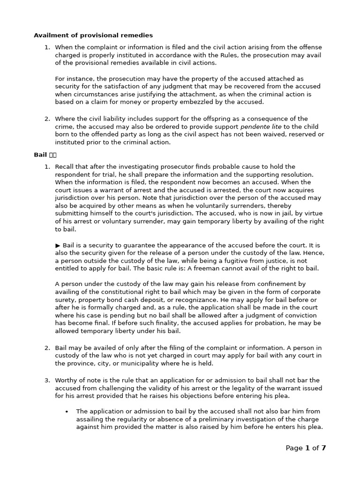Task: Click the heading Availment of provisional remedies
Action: click(93, 35)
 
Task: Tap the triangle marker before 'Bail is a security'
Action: click(58, 245)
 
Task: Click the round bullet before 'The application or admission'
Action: click(67, 412)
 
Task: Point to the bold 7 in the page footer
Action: click(323, 448)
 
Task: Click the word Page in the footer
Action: click(294, 448)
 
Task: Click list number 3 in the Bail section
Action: click(47, 381)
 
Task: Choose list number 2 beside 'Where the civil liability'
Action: click(47, 119)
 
